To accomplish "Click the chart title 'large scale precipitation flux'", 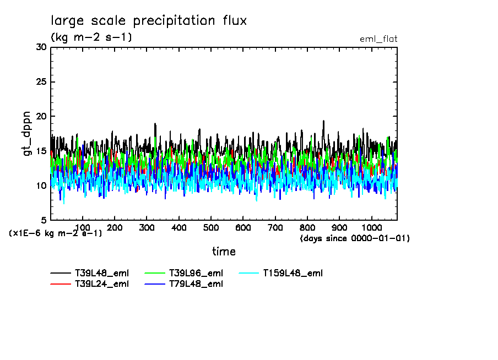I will tap(149, 21).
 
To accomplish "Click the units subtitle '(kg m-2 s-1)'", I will tap(91, 37).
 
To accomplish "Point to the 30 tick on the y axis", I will tap(41, 47).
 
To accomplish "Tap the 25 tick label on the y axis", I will tap(41, 82).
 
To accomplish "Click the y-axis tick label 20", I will tap(41, 117).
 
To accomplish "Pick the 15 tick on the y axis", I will tap(41, 151).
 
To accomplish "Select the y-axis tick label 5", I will tap(44, 220).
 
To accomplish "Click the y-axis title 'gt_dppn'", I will tap(28, 134).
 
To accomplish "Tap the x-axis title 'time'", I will tap(224, 252).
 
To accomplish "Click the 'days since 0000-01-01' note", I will tap(355, 238).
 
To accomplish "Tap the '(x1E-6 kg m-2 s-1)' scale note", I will tap(55, 233).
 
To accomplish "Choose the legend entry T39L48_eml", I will tap(101, 273).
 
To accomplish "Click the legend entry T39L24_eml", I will tap(101, 284).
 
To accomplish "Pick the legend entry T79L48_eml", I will tap(196, 284).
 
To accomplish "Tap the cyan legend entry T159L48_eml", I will tap(293, 273).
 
